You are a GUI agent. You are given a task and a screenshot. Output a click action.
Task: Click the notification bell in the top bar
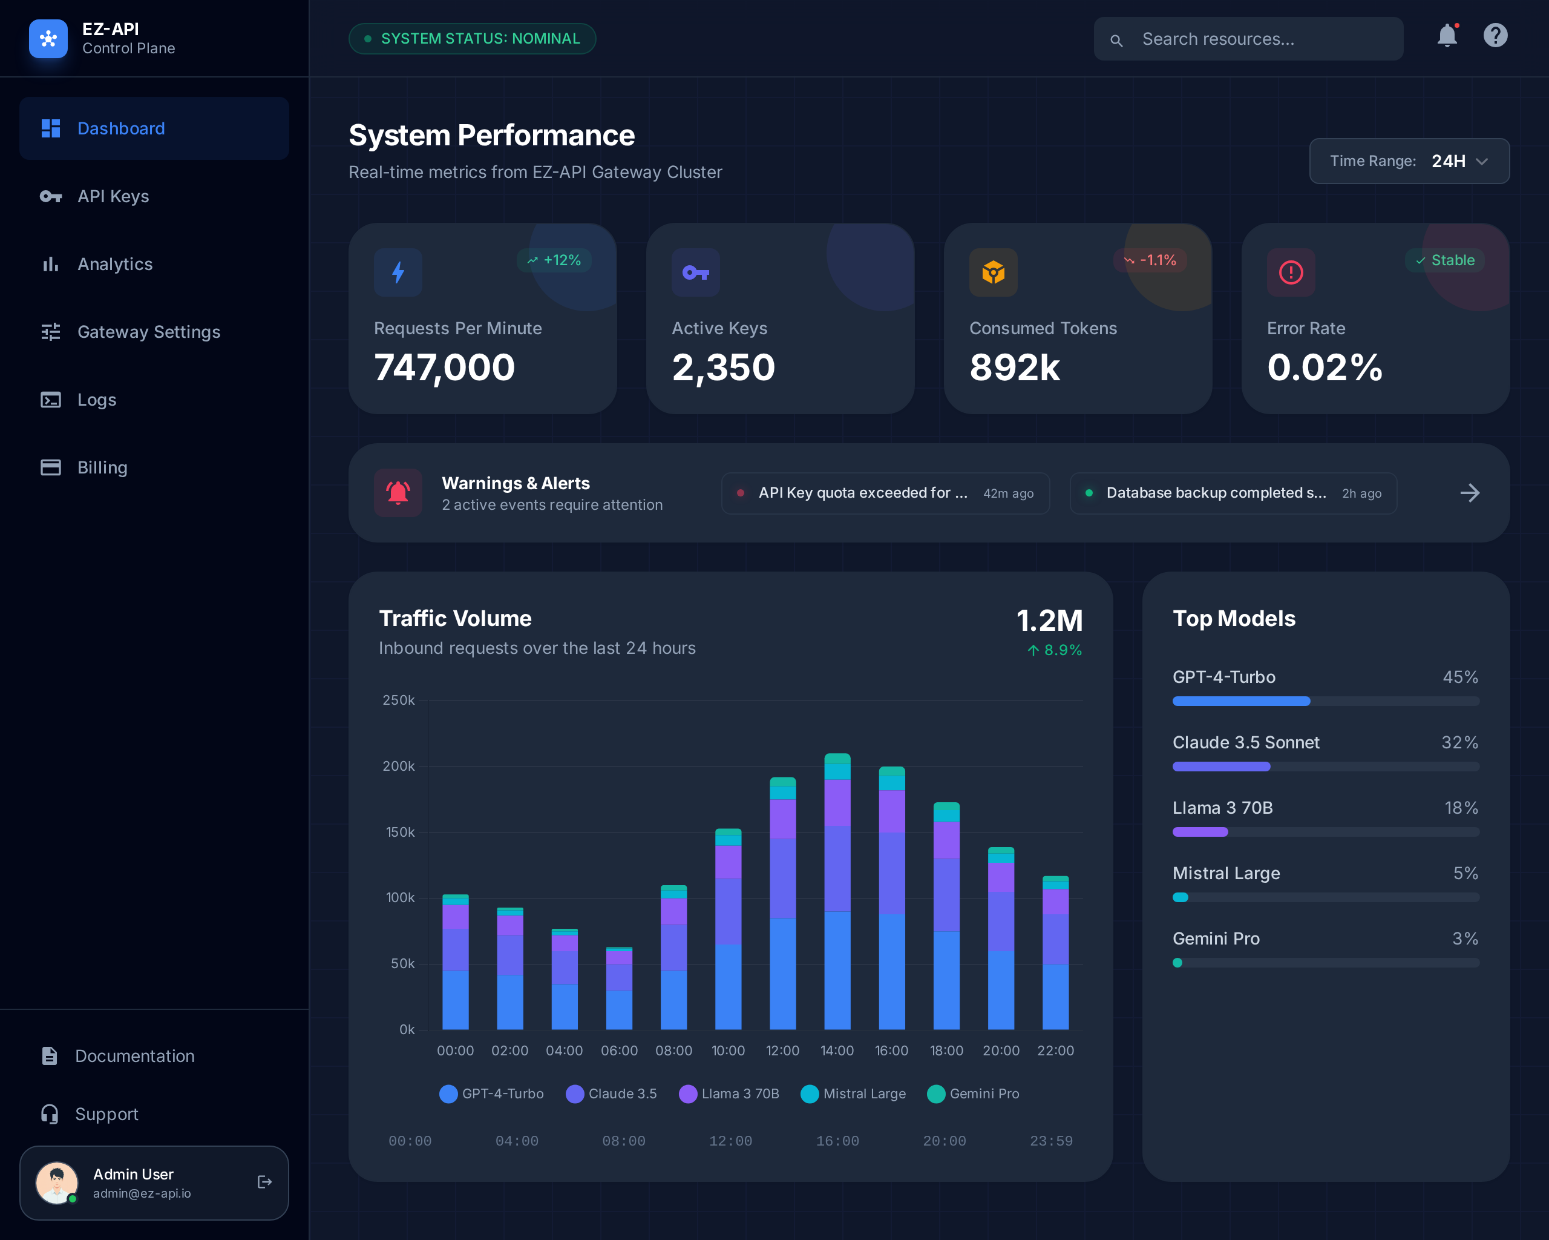(x=1447, y=36)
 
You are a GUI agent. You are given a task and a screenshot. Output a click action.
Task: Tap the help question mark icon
(x=1495, y=36)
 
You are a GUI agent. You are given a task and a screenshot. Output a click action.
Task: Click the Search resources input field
(x=1249, y=39)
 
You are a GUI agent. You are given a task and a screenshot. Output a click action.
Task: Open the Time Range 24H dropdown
(x=1409, y=161)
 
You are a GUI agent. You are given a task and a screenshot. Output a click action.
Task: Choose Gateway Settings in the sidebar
(x=149, y=332)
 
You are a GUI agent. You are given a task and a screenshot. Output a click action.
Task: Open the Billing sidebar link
(x=102, y=468)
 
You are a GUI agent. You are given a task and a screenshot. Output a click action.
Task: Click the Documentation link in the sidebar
(x=134, y=1056)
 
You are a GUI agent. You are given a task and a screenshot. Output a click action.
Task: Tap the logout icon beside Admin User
(x=264, y=1182)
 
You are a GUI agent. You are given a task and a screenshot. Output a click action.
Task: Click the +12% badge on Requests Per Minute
(x=554, y=260)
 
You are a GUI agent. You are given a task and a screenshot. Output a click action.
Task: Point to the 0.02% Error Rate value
(x=1324, y=368)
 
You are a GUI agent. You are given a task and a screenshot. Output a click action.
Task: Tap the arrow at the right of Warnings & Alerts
(x=1469, y=493)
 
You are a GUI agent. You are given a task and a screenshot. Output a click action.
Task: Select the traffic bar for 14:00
(x=837, y=891)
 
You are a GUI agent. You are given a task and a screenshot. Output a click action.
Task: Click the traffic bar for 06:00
(x=618, y=988)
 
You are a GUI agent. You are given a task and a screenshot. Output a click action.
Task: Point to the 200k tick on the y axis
(x=398, y=767)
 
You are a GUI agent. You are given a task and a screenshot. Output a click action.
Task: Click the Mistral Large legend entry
(x=854, y=1094)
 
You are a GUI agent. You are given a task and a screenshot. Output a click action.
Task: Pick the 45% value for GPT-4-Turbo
(x=1460, y=677)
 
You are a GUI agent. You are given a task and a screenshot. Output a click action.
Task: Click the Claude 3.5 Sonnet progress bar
(x=1325, y=767)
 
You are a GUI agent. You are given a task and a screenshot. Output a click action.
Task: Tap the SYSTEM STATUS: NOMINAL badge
(x=472, y=39)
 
